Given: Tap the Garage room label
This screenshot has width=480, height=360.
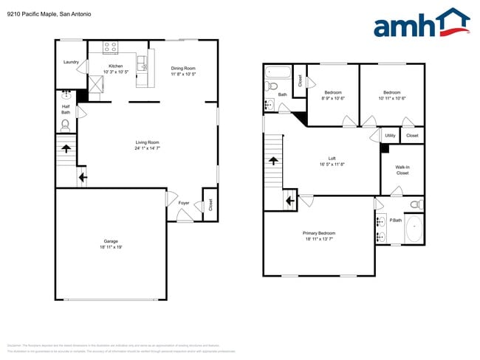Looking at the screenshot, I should click(111, 242).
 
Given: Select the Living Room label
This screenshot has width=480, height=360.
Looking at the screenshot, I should click(147, 142).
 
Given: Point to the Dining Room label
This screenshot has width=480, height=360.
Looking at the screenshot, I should click(184, 68).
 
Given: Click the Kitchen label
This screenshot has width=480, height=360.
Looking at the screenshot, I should click(116, 66).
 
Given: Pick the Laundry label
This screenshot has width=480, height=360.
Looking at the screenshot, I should click(71, 62).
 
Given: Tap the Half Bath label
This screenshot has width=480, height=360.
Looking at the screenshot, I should click(66, 109).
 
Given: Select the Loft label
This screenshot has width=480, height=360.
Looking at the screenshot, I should click(332, 159).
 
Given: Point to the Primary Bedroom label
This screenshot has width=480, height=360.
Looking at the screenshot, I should click(318, 234).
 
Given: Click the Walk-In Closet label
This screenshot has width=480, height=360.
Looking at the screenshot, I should click(402, 170).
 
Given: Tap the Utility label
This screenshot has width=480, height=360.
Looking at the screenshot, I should click(390, 136).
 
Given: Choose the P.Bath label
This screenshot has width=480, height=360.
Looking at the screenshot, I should click(395, 221).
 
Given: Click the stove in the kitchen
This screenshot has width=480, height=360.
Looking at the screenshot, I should click(111, 48).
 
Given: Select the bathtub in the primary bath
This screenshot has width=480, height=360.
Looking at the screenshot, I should click(414, 229).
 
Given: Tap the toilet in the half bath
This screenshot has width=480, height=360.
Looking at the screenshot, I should click(65, 125).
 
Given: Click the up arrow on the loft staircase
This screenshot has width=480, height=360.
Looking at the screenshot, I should click(273, 160).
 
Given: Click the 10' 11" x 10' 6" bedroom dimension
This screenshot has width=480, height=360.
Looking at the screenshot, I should click(392, 98).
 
